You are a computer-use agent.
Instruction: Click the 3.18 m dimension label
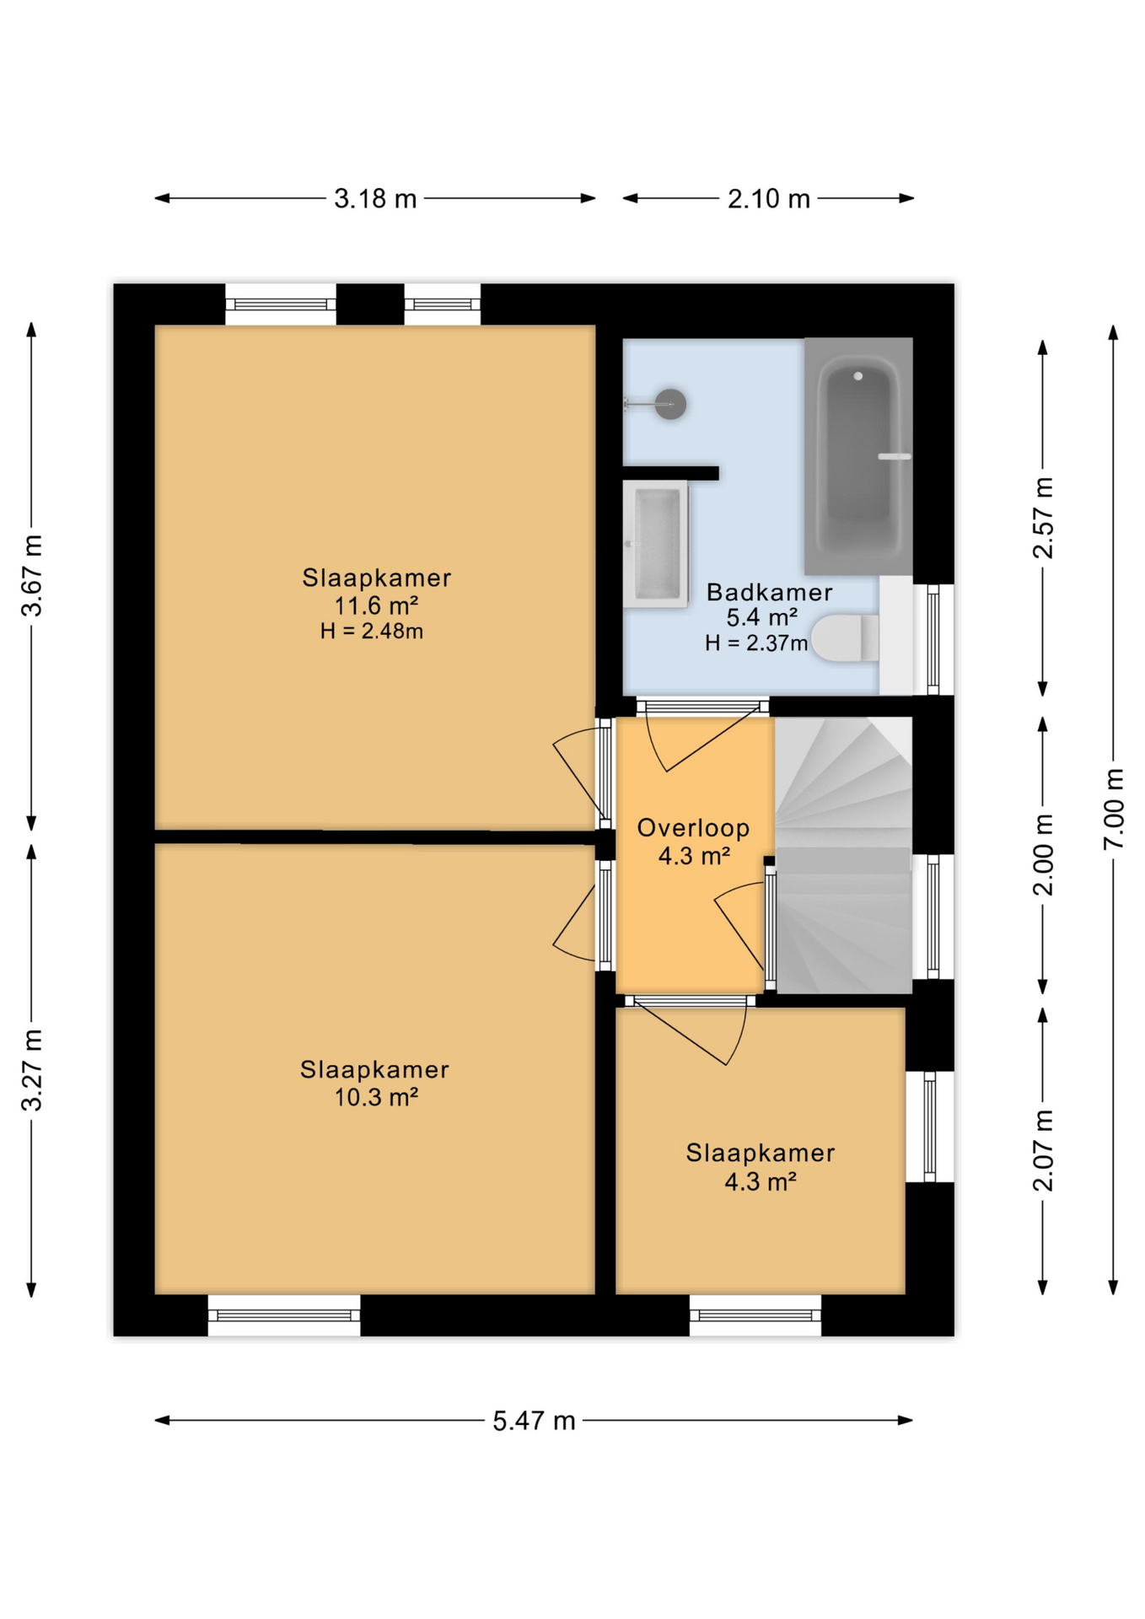click(x=375, y=199)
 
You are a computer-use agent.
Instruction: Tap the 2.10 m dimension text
click(x=768, y=199)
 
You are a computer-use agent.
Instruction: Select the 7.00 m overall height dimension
click(x=1114, y=809)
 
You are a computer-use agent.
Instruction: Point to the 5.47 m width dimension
click(x=534, y=1421)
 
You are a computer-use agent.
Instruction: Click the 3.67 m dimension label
click(x=31, y=576)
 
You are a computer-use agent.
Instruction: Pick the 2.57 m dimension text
click(x=1044, y=518)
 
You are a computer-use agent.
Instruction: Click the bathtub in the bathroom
click(x=857, y=455)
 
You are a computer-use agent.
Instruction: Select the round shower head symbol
click(x=670, y=404)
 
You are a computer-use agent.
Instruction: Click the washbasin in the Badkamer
click(x=656, y=544)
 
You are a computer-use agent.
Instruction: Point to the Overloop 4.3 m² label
click(x=693, y=842)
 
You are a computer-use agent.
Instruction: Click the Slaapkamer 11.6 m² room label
click(x=376, y=591)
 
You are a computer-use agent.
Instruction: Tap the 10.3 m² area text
click(x=376, y=1097)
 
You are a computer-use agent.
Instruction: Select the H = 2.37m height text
click(x=756, y=643)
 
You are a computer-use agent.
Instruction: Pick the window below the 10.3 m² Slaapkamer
click(x=284, y=1315)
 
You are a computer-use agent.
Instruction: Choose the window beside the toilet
click(x=933, y=639)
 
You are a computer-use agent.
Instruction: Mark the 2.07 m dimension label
click(x=1044, y=1150)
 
